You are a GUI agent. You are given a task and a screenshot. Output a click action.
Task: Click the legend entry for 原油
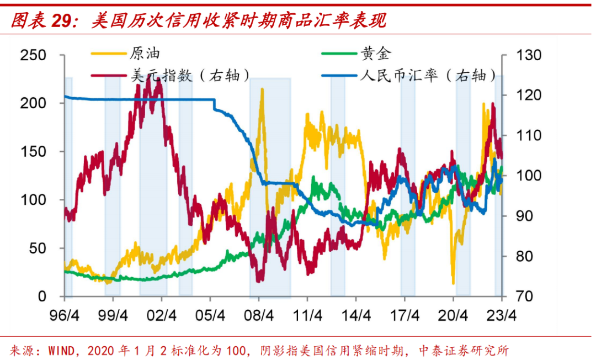click(x=145, y=54)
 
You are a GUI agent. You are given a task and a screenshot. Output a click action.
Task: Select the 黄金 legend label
click(x=376, y=54)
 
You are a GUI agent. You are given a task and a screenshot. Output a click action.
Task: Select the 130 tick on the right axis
click(x=529, y=55)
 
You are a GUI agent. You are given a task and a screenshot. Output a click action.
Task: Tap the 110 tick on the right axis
click(x=529, y=136)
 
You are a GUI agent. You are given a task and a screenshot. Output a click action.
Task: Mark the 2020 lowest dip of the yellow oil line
click(x=453, y=283)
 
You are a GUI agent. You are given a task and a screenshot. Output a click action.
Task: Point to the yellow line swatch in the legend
click(x=109, y=54)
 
